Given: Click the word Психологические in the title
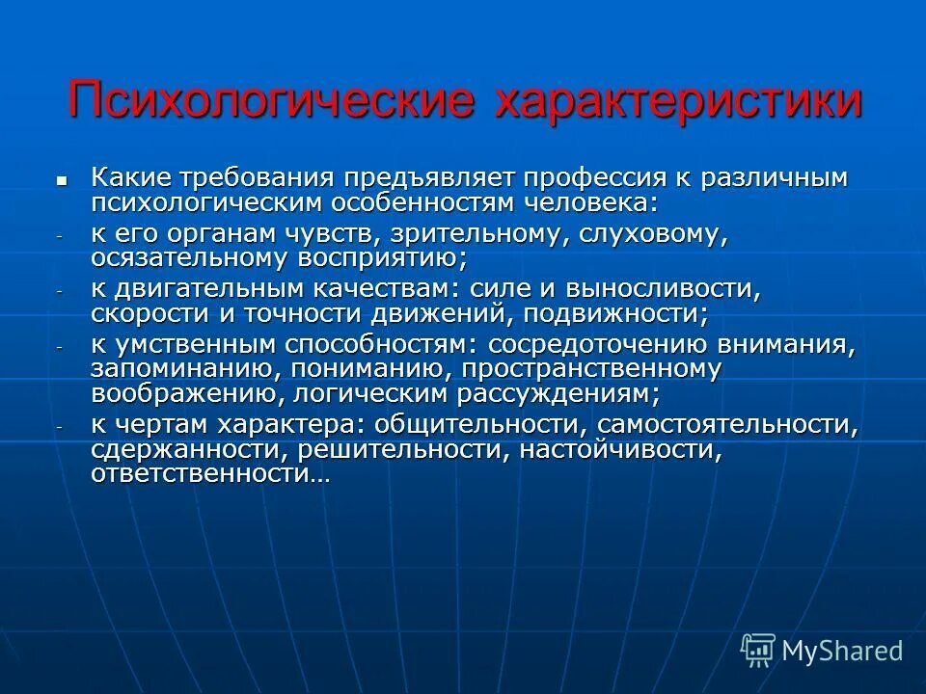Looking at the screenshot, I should (271, 100).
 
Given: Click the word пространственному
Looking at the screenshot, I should (590, 368).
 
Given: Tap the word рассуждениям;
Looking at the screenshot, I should (525, 393).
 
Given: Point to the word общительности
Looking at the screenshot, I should (483, 424).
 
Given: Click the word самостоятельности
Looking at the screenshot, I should (727, 424).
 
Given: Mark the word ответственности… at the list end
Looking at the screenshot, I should (210, 473).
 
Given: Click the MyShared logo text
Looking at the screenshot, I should (842, 651).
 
